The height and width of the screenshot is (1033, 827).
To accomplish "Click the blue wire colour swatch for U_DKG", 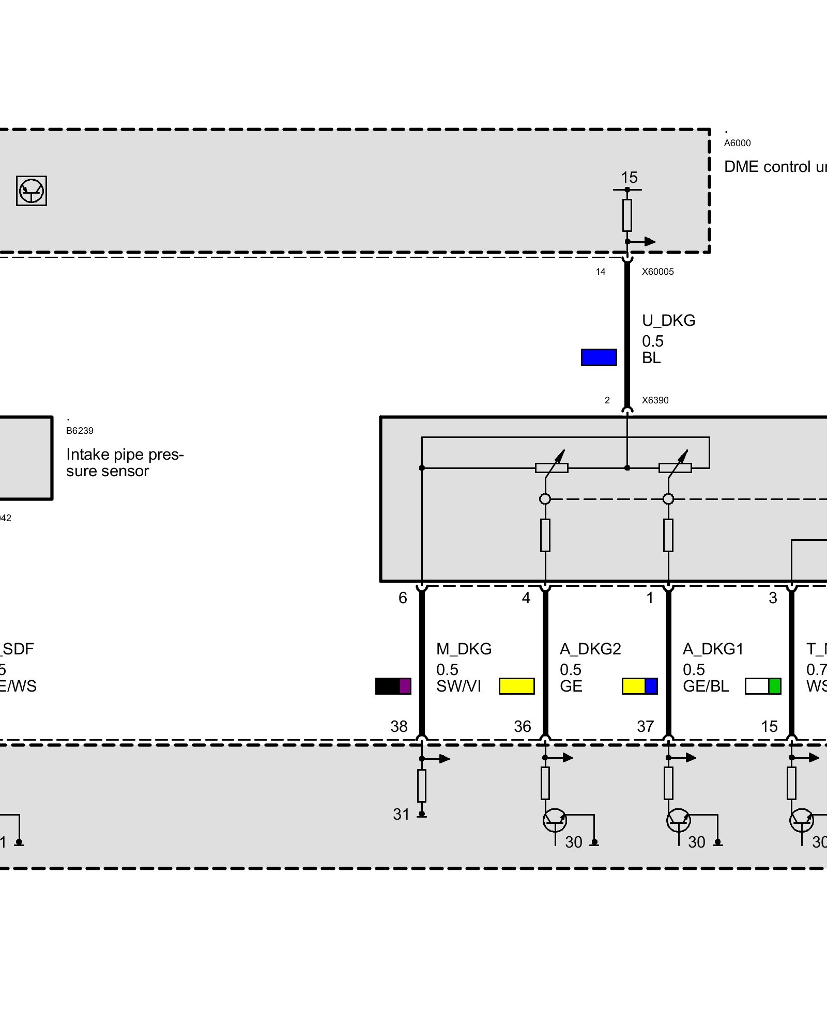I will (599, 357).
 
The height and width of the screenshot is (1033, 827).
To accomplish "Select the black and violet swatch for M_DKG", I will (393, 686).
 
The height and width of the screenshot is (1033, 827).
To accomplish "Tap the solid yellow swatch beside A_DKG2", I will (516, 686).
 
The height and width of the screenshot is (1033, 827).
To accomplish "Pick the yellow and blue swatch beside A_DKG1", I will (639, 686).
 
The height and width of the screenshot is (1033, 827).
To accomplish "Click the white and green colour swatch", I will (762, 686).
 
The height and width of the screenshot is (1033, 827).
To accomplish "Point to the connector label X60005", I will (657, 272).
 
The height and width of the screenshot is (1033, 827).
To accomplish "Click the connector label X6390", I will (655, 400).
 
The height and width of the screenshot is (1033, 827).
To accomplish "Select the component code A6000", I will (737, 143).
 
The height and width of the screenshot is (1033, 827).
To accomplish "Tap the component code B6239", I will (80, 431).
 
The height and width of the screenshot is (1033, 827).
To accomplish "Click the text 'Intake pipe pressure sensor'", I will (125, 463).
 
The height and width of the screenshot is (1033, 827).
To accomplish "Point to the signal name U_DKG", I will (668, 321).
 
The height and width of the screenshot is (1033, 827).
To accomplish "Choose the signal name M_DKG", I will (464, 649).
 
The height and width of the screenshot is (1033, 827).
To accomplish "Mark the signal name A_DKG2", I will (590, 649).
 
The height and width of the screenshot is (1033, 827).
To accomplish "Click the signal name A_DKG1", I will (713, 649).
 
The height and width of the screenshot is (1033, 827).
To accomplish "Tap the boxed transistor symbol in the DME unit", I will (32, 191).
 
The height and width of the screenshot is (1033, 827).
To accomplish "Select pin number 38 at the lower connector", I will (399, 727).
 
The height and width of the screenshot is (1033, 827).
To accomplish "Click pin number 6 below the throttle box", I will (403, 598).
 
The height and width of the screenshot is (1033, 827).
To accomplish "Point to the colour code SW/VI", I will (458, 686).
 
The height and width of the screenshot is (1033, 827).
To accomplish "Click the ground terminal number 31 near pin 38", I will (401, 815).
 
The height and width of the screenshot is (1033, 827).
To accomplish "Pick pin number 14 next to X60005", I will (600, 272).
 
